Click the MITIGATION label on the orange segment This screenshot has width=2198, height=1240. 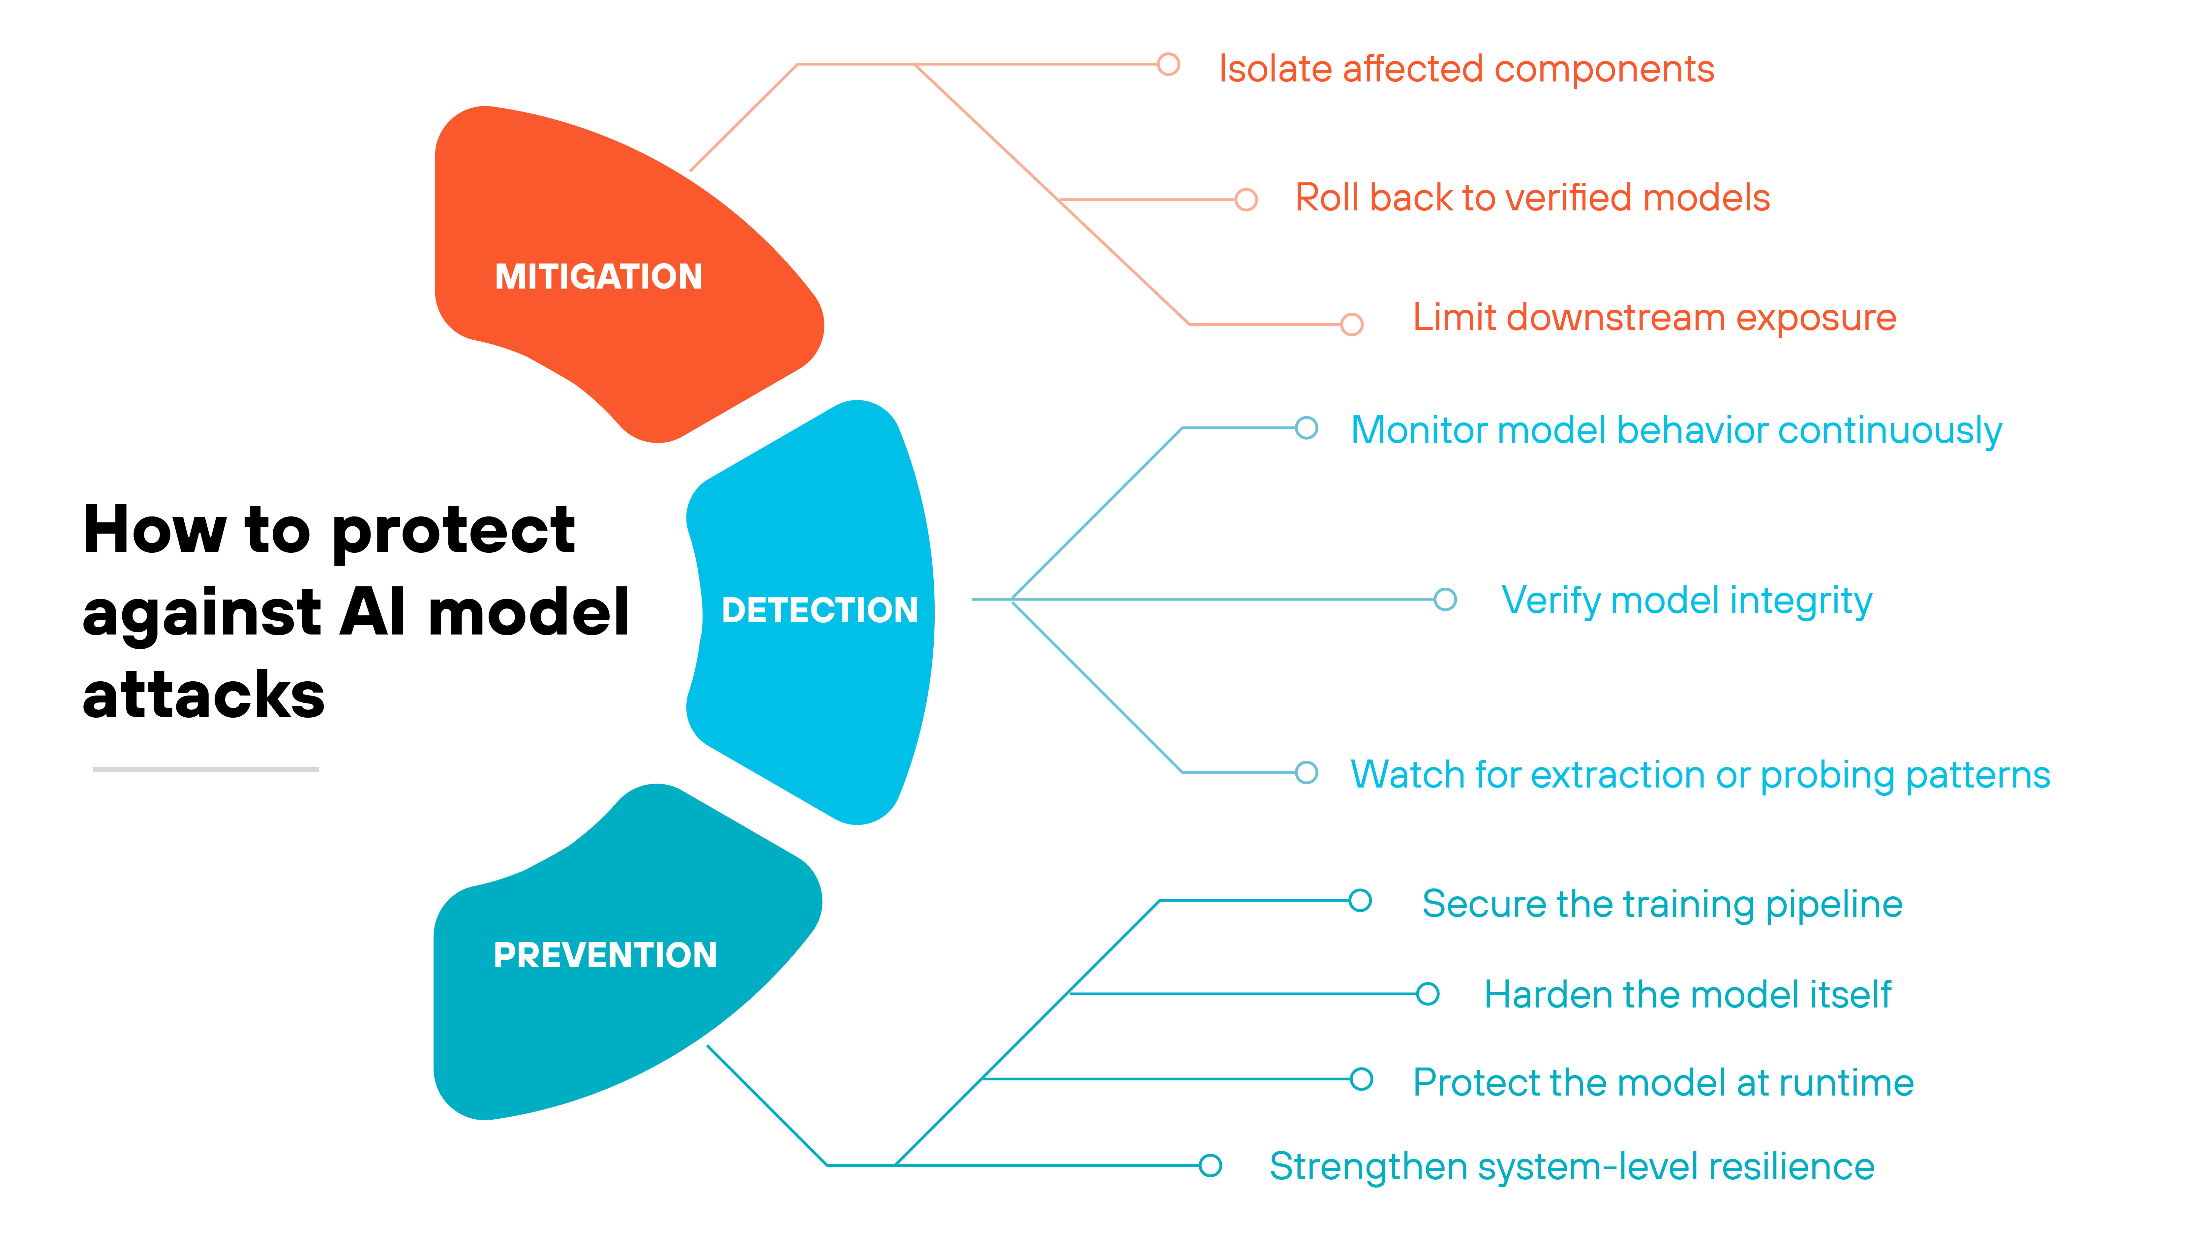click(x=598, y=276)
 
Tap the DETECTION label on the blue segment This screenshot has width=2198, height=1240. click(x=819, y=610)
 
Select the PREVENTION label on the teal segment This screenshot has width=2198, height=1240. click(x=605, y=955)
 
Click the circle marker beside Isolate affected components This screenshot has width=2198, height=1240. click(x=1168, y=64)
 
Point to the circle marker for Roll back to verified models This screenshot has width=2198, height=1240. click(x=1246, y=200)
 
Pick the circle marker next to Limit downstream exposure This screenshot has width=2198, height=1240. click(x=1352, y=324)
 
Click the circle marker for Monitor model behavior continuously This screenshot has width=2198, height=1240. click(x=1306, y=427)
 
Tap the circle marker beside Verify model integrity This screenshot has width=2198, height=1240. click(x=1445, y=599)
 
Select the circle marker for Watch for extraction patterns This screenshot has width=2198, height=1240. click(x=1306, y=772)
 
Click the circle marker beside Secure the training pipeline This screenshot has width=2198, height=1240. click(x=1360, y=900)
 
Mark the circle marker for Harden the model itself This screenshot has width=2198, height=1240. click(x=1428, y=993)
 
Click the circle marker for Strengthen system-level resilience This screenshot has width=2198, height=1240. click(x=1210, y=1165)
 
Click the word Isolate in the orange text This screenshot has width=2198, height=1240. click(x=1274, y=69)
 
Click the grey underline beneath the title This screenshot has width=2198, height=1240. click(x=206, y=769)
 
